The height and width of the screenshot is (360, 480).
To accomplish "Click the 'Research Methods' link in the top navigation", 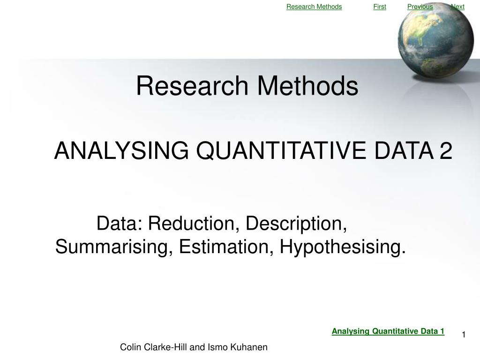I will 314,7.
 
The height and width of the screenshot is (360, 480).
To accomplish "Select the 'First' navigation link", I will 380,7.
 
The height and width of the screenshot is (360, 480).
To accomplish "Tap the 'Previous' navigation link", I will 420,7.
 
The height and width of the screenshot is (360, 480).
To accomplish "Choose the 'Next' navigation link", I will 457,7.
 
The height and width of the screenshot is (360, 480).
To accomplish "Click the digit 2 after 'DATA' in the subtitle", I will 446,151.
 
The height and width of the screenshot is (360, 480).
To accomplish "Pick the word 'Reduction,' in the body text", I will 194,224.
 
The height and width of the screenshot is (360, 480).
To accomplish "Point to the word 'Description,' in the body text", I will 296,225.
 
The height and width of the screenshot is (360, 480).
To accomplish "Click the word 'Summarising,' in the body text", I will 114,247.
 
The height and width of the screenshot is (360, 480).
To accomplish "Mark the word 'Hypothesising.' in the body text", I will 343,247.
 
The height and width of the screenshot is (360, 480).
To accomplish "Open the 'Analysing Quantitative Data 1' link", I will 388,331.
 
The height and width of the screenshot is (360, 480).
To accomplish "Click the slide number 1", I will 464,334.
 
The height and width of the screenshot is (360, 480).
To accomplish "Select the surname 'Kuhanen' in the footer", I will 249,347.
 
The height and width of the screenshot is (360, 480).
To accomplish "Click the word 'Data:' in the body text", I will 120,224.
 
